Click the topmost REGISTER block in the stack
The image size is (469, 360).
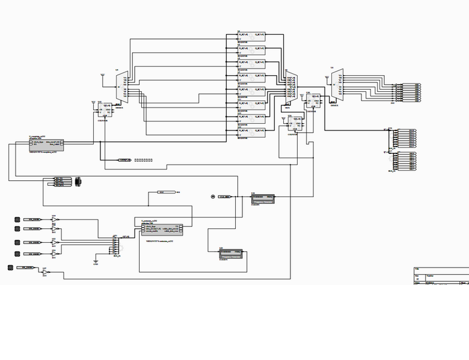pos(251,37)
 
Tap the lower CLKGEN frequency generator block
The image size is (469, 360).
pos(231,253)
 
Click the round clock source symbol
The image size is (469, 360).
pos(212,197)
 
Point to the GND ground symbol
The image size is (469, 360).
pos(95,261)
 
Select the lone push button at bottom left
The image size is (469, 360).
pos(11,267)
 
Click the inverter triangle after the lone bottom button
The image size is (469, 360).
pos(46,272)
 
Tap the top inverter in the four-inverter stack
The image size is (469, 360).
pos(55,221)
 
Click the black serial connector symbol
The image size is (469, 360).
pos(78,182)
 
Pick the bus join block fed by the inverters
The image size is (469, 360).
pos(115,243)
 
